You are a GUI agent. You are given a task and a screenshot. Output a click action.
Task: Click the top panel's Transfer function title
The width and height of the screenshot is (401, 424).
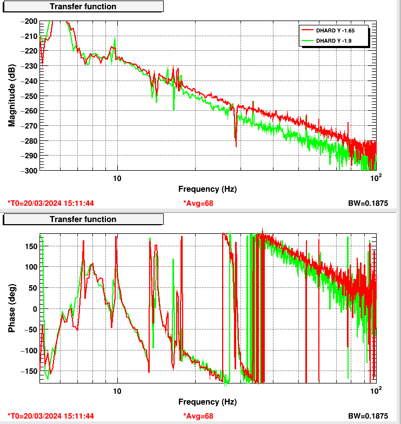(83, 6)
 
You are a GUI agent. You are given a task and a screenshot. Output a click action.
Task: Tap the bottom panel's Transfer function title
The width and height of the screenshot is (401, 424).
(83, 219)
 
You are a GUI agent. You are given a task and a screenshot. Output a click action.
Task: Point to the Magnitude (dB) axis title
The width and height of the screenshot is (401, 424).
(11, 95)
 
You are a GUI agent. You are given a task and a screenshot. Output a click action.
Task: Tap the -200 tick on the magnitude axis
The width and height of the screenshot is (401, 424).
(30, 21)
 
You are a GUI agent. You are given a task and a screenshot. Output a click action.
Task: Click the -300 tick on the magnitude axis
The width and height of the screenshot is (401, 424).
(30, 170)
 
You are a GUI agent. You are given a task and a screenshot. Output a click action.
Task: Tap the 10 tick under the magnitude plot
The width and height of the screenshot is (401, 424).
(117, 178)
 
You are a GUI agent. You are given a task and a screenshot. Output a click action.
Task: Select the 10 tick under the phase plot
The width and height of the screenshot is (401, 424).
(117, 391)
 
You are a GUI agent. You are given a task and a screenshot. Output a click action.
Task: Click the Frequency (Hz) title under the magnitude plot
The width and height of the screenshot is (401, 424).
(208, 189)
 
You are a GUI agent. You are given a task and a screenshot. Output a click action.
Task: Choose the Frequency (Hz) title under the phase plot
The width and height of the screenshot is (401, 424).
(208, 402)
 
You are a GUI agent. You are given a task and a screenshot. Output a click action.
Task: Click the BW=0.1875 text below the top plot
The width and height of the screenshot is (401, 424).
(369, 203)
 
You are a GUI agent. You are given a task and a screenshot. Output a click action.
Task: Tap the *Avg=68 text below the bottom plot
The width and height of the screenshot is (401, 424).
(198, 416)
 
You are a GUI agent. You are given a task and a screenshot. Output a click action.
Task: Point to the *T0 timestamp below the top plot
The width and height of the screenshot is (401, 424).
(51, 203)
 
